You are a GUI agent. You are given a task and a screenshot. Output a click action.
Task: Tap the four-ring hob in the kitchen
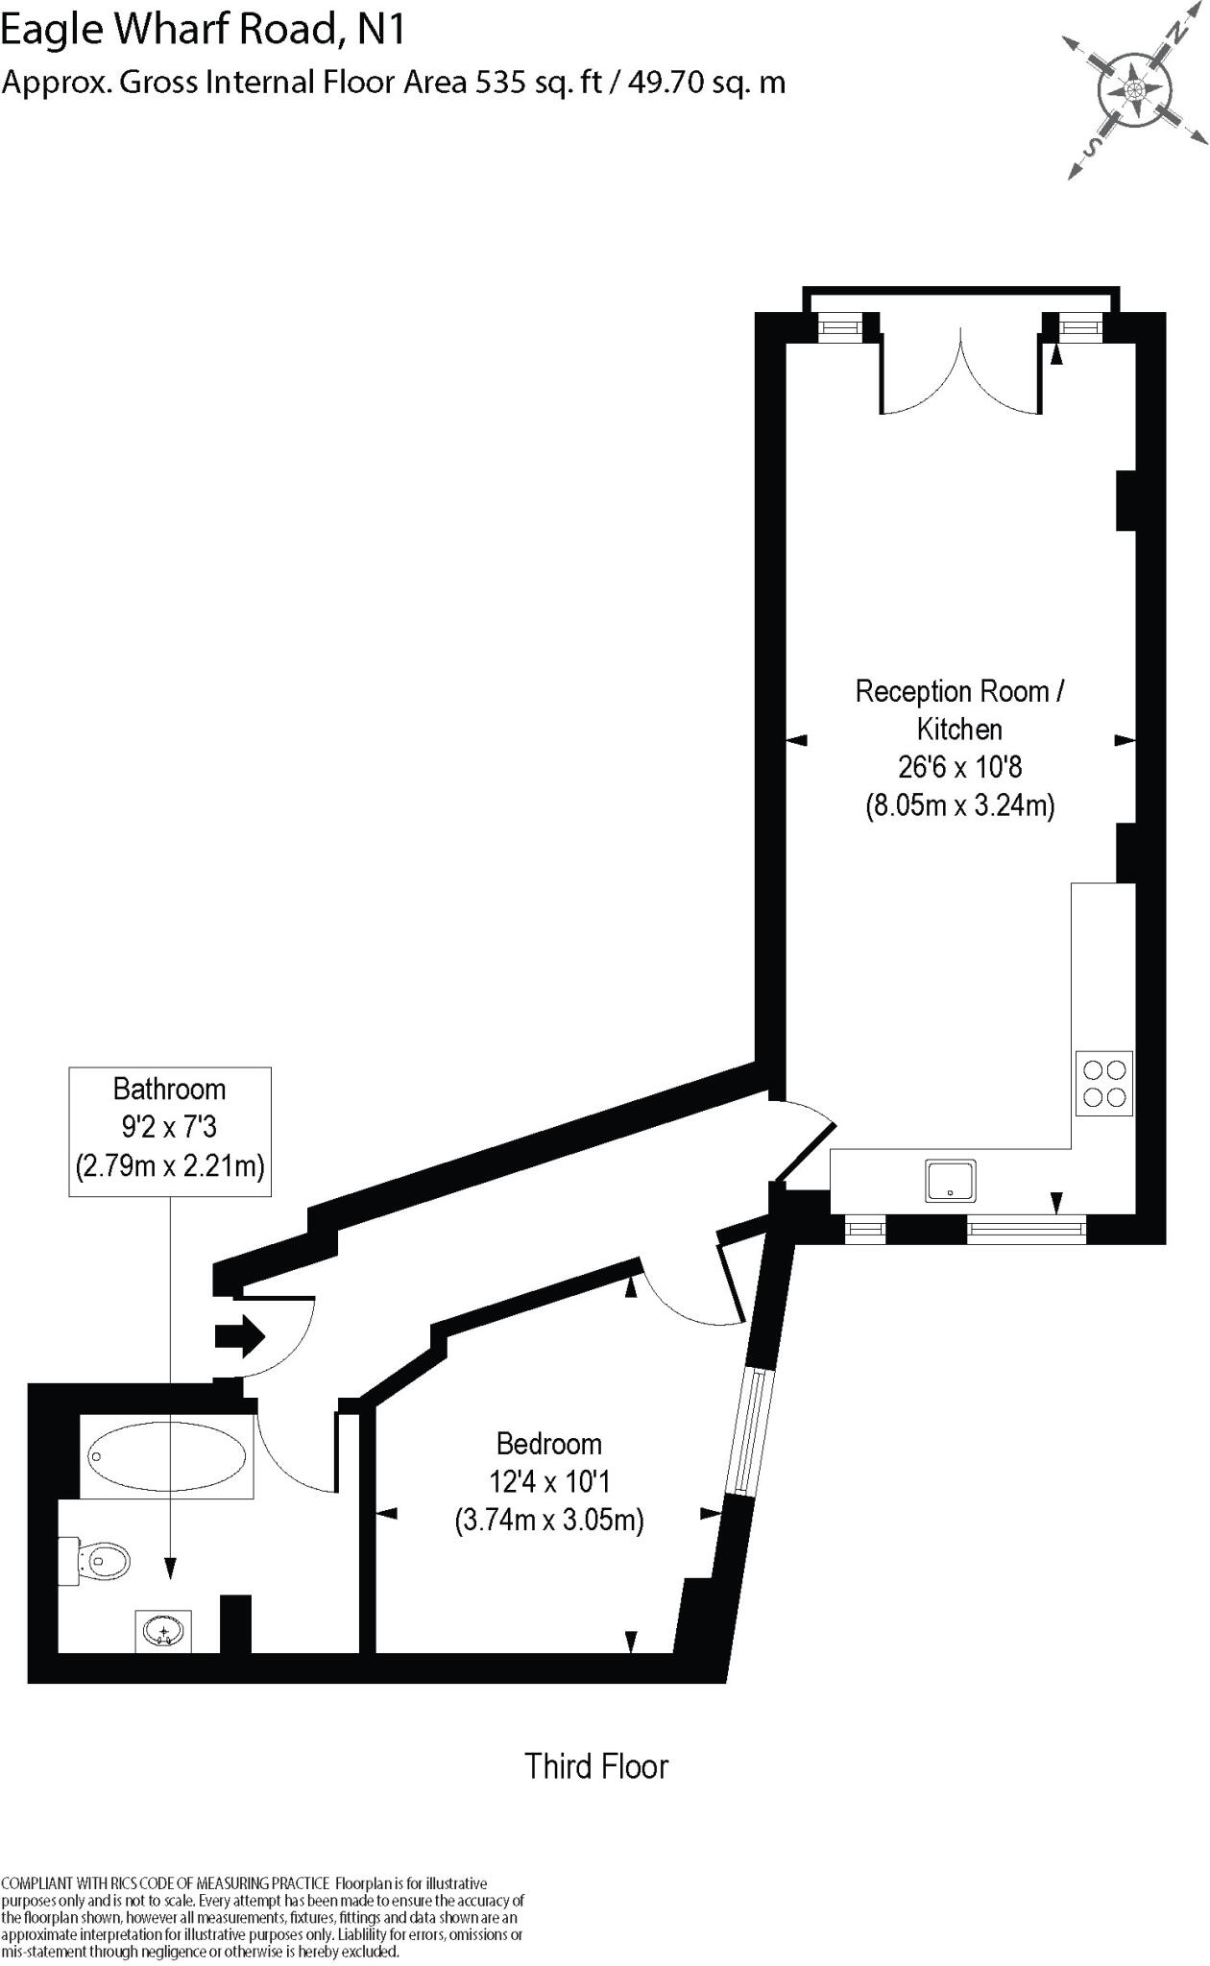(1103, 1084)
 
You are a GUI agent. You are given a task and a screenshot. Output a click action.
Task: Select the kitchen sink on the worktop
(951, 1180)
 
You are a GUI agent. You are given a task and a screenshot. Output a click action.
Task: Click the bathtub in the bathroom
(166, 1456)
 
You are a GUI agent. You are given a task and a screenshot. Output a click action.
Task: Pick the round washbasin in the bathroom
(163, 1631)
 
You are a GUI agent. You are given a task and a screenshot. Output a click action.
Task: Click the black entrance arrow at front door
(239, 1335)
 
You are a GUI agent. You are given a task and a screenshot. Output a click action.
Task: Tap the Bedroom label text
(548, 1444)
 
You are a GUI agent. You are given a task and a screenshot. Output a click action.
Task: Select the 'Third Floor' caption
(595, 1766)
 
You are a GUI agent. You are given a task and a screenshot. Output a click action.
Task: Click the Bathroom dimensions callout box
(170, 1130)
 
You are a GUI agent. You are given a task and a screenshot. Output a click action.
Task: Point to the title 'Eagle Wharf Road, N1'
(203, 31)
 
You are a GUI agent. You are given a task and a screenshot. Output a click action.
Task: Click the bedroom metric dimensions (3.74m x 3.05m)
(548, 1521)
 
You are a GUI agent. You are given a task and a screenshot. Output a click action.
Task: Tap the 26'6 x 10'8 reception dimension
(959, 767)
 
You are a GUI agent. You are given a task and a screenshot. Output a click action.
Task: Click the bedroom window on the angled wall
(748, 1431)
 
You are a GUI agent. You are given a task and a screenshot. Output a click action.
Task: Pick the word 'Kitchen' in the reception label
(959, 729)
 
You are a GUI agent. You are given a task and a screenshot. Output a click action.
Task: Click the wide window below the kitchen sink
(1026, 1230)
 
